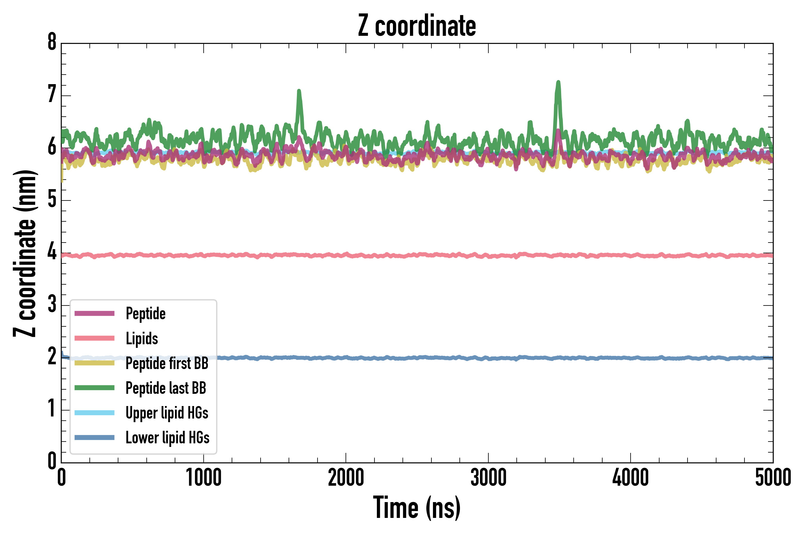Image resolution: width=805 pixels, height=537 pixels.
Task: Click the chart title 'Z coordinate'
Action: [x=417, y=26]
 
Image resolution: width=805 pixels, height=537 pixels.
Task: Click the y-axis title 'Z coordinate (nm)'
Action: [x=25, y=253]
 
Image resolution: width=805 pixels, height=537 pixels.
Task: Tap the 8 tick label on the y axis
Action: [x=52, y=42]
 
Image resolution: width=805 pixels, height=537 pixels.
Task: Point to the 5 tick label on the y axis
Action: [x=52, y=199]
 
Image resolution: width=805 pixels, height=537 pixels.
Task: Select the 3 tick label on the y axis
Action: [x=52, y=304]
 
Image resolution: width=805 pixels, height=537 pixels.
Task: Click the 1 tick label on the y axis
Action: [x=52, y=409]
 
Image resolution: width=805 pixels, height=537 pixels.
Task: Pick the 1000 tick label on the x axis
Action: [x=204, y=478]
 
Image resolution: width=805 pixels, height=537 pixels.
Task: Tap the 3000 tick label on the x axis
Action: [x=488, y=478]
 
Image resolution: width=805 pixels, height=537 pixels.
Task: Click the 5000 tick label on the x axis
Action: [x=773, y=478]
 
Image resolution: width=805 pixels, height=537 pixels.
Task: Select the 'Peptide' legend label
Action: [x=145, y=313]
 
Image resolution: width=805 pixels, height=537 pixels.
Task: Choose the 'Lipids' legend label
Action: [x=142, y=338]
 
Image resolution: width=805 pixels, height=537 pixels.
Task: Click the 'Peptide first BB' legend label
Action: [x=167, y=363]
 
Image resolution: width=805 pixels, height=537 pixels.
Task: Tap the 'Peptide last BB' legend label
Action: [x=166, y=388]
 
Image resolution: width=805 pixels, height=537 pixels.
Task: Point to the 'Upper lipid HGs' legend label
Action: [x=167, y=413]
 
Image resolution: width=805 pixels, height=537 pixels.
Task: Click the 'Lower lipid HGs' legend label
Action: [x=167, y=438]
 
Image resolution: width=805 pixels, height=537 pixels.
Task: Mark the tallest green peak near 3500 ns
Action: [x=558, y=82]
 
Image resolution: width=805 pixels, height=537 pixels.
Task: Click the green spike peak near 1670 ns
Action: [x=299, y=91]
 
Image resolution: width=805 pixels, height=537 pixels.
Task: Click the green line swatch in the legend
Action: [x=95, y=388]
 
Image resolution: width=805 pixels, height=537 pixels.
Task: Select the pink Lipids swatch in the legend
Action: [x=95, y=338]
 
